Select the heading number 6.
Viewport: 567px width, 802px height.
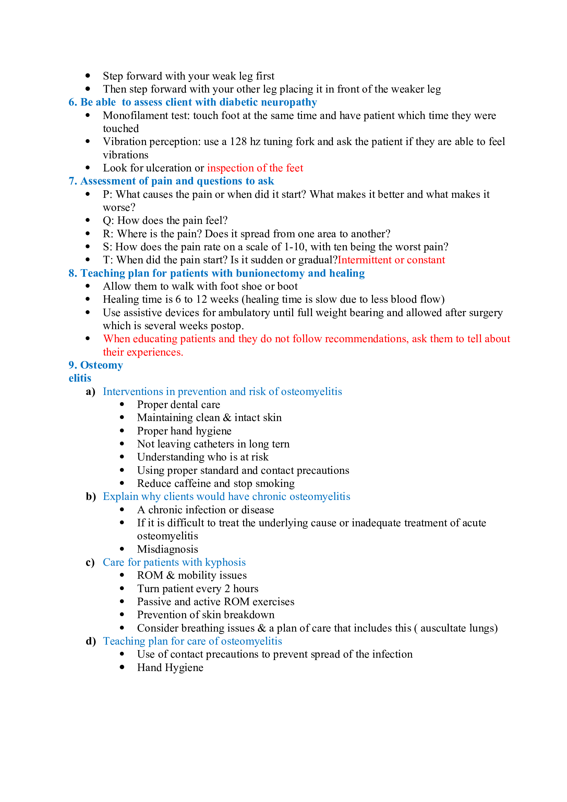[x=72, y=102]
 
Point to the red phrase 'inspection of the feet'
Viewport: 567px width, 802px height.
[x=255, y=168]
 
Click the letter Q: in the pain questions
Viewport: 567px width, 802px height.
[x=108, y=221]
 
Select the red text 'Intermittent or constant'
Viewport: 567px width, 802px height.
[x=391, y=260]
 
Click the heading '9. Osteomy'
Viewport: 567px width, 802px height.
[x=96, y=366]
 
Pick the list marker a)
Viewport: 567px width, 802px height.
[x=91, y=392]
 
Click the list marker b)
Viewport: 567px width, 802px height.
[x=91, y=497]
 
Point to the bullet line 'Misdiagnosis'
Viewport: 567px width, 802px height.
[x=167, y=549]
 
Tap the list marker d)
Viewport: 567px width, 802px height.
[x=91, y=641]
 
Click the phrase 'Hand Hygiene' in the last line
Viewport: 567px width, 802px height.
[x=170, y=668]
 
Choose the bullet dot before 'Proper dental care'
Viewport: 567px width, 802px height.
[x=122, y=405]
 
